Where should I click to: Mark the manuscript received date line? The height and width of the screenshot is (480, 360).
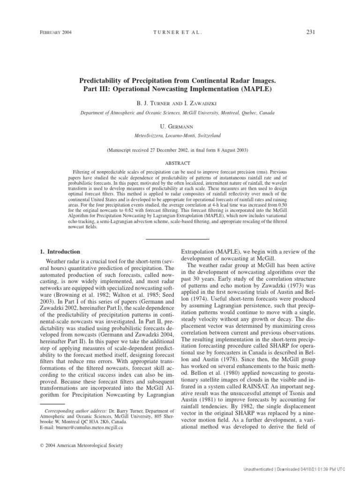tap(180, 150)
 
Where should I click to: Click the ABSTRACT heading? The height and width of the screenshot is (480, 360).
tap(180, 163)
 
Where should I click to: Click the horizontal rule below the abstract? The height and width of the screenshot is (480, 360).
tap(180, 239)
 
